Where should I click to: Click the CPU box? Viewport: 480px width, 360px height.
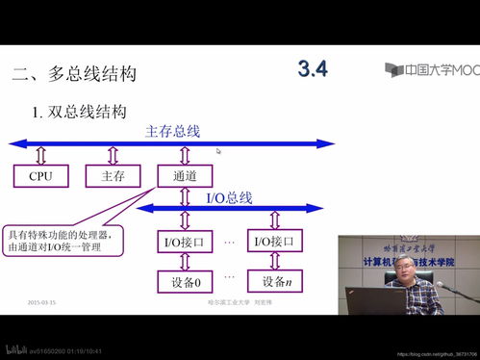40,176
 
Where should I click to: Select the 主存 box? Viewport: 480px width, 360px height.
113,176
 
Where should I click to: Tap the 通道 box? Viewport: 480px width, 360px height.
185,176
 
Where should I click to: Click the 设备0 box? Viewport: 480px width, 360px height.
185,282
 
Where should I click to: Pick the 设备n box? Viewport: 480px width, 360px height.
276,282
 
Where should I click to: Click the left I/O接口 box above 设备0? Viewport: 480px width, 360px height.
185,242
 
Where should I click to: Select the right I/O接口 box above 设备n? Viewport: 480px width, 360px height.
276,242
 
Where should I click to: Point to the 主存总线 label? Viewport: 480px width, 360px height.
172,131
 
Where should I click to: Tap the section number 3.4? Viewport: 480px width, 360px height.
314,69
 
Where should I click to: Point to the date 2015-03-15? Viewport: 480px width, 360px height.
41,303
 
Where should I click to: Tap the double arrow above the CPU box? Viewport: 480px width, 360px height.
40,155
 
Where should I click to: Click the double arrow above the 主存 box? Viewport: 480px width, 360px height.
113,155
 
